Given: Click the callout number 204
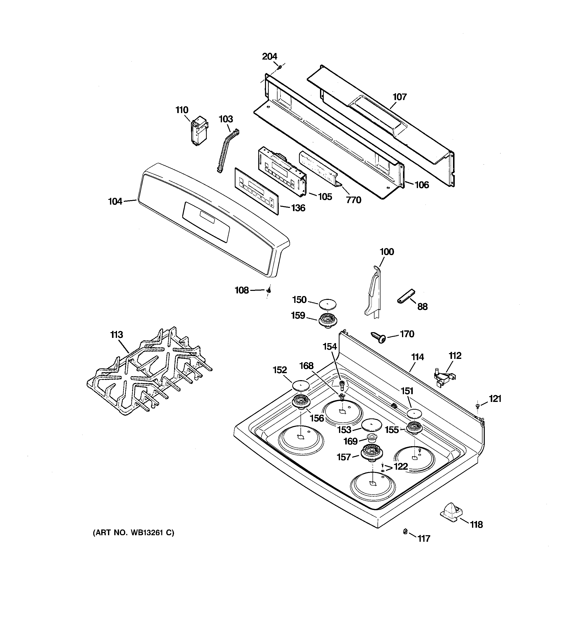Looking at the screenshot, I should [x=269, y=56].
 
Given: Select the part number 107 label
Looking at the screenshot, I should [x=399, y=97].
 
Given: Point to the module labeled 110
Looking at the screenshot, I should [x=199, y=132].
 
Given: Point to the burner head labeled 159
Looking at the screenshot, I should [x=327, y=320].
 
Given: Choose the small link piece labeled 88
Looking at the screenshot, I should [x=406, y=296].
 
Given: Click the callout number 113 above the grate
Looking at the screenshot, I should [x=117, y=335].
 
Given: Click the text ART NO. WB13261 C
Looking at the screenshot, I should [x=133, y=533].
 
